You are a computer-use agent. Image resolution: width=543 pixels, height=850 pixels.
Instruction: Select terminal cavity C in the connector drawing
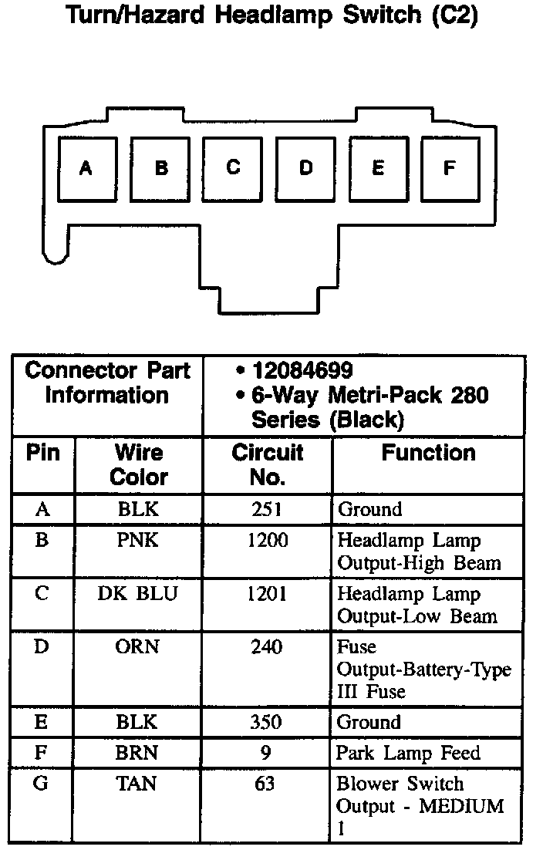click(233, 169)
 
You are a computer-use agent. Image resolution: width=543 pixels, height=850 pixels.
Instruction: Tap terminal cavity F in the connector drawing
click(450, 169)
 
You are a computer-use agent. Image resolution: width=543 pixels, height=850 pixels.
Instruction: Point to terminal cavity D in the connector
click(306, 169)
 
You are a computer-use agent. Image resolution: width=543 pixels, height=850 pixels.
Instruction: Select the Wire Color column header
click(138, 464)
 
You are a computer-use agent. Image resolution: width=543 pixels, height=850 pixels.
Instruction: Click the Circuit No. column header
click(267, 464)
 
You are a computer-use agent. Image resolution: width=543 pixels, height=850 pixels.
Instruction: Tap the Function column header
click(428, 453)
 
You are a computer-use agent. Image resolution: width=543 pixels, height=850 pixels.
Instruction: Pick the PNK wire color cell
click(138, 540)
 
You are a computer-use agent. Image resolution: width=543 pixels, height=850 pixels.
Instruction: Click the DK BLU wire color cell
click(138, 594)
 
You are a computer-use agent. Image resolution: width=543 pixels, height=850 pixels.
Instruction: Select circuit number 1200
click(267, 540)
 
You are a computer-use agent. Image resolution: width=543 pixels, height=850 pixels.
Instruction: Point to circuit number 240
click(267, 646)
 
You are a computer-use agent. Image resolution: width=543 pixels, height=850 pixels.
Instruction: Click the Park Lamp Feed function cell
click(408, 753)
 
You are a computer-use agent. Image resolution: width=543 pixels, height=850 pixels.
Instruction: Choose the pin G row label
click(42, 784)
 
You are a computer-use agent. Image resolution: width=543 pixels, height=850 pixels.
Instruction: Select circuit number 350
click(267, 722)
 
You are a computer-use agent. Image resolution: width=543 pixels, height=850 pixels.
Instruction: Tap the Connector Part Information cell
click(107, 383)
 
